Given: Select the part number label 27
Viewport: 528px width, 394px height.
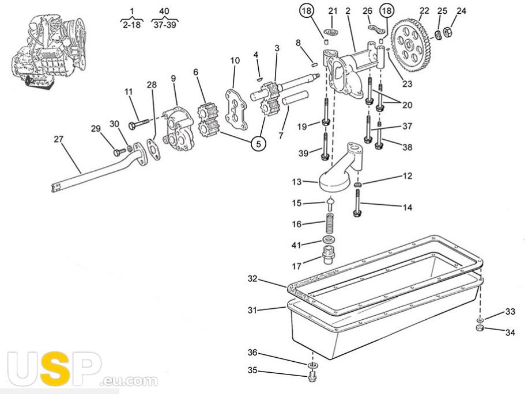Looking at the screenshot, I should click(x=59, y=139).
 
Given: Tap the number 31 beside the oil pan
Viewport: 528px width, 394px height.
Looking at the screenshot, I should click(x=251, y=310).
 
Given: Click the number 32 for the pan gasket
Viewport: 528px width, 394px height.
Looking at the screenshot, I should click(x=252, y=279).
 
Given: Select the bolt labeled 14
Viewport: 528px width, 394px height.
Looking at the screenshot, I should click(x=357, y=205).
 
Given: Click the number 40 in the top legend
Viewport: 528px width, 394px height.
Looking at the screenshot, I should click(x=164, y=11).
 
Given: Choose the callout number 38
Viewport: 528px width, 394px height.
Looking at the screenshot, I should click(x=407, y=147).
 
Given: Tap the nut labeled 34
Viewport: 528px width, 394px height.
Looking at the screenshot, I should click(x=478, y=328).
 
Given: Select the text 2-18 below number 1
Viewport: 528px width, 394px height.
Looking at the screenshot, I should click(x=131, y=25).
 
